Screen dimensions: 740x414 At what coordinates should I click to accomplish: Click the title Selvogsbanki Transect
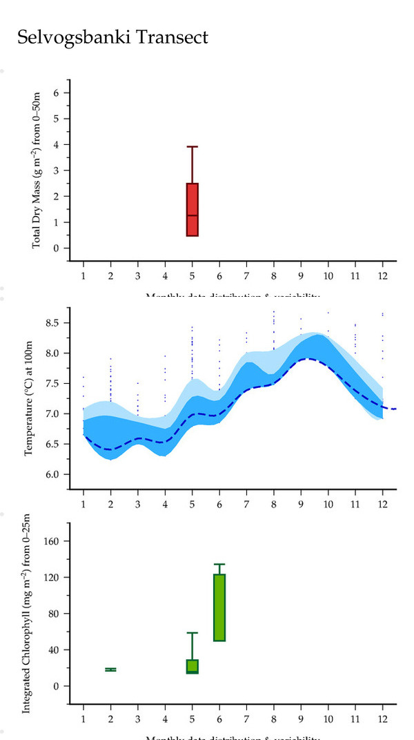[112, 37]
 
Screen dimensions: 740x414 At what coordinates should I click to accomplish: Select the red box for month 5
[192, 210]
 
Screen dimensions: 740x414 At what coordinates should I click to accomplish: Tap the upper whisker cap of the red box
[192, 146]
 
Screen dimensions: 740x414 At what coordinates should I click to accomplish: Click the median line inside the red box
[192, 215]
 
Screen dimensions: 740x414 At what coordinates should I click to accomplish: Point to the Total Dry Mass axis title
[37, 171]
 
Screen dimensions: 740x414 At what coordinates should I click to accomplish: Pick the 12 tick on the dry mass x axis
[382, 275]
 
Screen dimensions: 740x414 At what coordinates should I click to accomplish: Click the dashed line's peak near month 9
[310, 358]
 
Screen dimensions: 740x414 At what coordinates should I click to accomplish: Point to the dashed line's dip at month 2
[110, 449]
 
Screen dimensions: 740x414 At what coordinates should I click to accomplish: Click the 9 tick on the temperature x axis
[301, 503]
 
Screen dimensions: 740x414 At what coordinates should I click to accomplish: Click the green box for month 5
[192, 666]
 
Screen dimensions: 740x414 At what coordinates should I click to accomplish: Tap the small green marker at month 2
[110, 670]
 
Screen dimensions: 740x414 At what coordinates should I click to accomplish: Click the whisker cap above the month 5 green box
[192, 632]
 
